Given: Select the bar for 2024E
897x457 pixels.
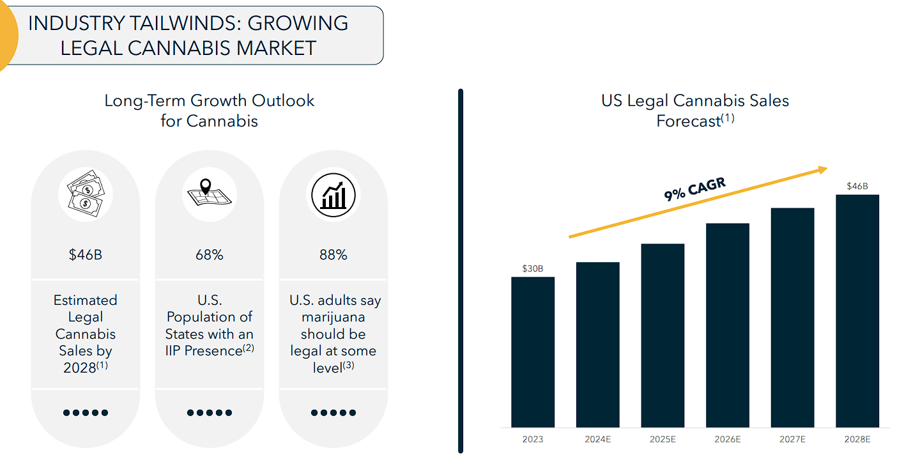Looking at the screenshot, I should [597, 345].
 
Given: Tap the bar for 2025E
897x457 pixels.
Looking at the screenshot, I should [663, 336].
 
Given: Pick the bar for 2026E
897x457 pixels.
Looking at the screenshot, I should [727, 325].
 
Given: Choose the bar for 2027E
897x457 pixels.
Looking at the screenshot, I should [792, 318].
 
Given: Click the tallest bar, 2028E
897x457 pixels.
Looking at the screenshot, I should [857, 311].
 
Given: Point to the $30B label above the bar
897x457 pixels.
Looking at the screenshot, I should [533, 268].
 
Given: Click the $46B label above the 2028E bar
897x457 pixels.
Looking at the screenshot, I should [857, 186].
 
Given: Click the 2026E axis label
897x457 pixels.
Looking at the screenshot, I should [727, 439].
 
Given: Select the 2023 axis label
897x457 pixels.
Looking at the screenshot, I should [533, 439].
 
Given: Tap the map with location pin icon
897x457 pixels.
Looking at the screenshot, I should [209, 194].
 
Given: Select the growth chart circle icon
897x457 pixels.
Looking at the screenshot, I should [333, 194].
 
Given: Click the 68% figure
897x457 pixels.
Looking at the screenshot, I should [209, 255].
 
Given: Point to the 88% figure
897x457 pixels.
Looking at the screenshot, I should [333, 255].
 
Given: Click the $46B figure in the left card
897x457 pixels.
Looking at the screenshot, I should [85, 255].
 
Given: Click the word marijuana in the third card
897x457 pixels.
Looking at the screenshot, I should [333, 317].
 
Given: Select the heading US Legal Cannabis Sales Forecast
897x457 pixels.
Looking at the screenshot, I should [695, 110].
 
